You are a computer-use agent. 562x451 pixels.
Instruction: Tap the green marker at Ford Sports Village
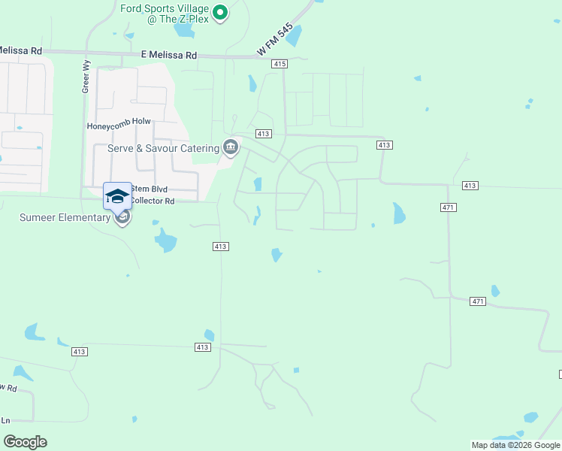tap(220, 12)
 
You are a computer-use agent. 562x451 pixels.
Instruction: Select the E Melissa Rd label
tap(168, 55)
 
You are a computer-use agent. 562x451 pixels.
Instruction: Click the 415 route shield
tap(280, 65)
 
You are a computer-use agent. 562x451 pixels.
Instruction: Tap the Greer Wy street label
tap(86, 77)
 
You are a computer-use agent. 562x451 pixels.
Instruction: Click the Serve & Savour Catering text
tap(163, 148)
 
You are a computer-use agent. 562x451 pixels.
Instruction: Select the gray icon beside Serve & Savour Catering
tap(231, 147)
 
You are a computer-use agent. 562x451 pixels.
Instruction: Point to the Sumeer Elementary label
tap(65, 218)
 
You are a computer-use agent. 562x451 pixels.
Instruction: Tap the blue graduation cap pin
tap(117, 196)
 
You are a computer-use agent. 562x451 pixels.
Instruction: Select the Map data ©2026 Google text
tap(515, 445)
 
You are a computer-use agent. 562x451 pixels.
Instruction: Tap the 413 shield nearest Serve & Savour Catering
tap(263, 134)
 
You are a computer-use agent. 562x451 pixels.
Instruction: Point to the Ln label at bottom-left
tap(5, 420)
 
